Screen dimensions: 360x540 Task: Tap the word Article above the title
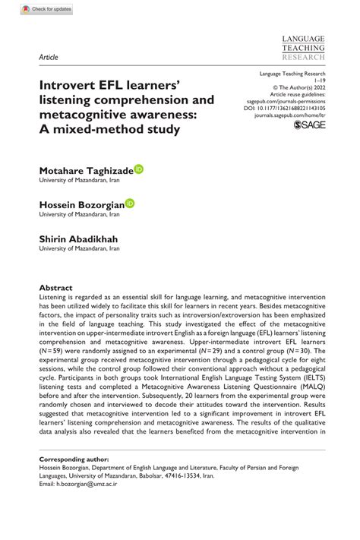pyautogui.click(x=48, y=57)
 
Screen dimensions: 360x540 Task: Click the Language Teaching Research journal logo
pyautogui.click(x=303, y=47)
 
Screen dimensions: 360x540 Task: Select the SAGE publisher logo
pyautogui.click(x=309, y=124)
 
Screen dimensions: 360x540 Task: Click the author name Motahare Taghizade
pyautogui.click(x=86, y=171)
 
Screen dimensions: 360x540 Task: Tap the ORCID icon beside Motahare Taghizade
pyautogui.click(x=138, y=169)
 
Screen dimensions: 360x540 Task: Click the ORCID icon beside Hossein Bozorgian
pyautogui.click(x=130, y=203)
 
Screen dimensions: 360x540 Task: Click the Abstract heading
pyautogui.click(x=56, y=288)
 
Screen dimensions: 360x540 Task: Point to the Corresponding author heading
pyautogui.click(x=74, y=460)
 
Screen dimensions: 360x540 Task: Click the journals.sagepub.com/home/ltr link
pyautogui.click(x=290, y=116)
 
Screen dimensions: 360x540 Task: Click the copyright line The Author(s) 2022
pyautogui.click(x=298, y=85)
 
